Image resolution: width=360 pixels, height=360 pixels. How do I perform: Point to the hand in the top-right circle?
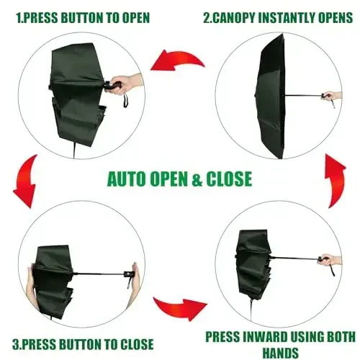(332, 96)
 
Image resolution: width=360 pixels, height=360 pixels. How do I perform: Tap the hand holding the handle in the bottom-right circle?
(329, 259)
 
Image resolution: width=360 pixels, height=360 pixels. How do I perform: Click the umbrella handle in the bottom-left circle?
(131, 274)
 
